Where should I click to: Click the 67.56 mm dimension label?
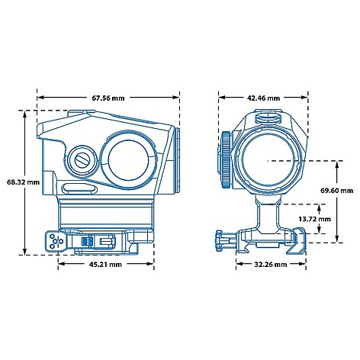(x=108, y=98)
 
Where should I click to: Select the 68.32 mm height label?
(x=24, y=182)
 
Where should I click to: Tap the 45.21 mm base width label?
(x=105, y=265)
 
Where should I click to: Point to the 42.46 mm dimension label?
(x=263, y=98)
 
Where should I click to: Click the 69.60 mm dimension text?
(x=336, y=191)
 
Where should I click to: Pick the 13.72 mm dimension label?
(x=315, y=219)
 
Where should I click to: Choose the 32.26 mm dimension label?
(x=271, y=265)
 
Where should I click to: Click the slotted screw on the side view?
(x=82, y=161)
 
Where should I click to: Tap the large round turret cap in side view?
(x=128, y=159)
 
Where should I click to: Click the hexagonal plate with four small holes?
(x=56, y=240)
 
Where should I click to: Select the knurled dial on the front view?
(x=226, y=159)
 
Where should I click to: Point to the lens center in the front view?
(x=268, y=160)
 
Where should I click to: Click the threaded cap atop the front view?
(x=268, y=117)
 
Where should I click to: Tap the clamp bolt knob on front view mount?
(x=219, y=241)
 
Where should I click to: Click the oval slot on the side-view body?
(x=79, y=188)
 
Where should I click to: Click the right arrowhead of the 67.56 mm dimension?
(x=176, y=98)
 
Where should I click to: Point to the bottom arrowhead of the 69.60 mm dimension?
(x=337, y=238)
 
